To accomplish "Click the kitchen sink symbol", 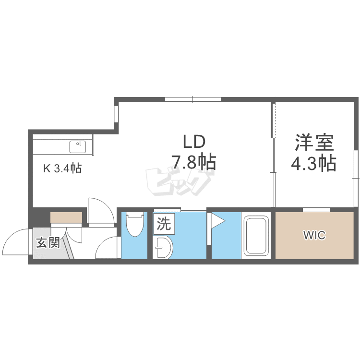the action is click(x=78, y=147).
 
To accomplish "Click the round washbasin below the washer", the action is click(x=163, y=247).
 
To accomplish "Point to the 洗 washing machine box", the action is click(x=164, y=224).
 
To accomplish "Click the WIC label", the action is click(x=314, y=235).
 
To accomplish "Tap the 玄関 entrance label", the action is click(x=48, y=243).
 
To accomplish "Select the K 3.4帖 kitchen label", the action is click(x=62, y=168).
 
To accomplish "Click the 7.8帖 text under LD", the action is click(x=194, y=162).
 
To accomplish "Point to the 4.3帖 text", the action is click(x=313, y=163).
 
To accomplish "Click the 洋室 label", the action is click(x=314, y=143).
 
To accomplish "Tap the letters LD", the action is click(x=194, y=142).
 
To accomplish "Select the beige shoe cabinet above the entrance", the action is click(x=66, y=217).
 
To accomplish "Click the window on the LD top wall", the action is click(x=193, y=99).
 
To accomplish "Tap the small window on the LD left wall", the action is click(x=117, y=114).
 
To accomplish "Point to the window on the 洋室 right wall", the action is click(x=356, y=178).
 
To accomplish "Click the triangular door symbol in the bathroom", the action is click(x=216, y=221).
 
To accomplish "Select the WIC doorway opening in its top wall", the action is click(x=316, y=210).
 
